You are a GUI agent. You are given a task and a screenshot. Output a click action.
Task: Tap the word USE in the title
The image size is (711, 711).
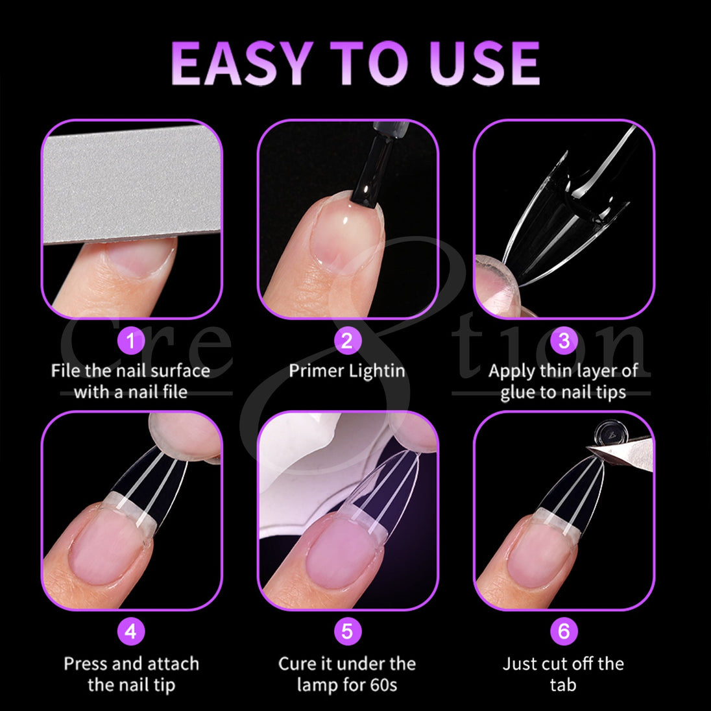(x=485, y=63)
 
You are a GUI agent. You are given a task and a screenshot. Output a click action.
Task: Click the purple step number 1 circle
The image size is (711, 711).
(x=131, y=341)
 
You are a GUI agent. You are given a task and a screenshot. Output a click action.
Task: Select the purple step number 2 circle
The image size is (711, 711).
(x=347, y=341)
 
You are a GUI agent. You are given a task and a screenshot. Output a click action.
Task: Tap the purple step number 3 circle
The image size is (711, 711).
(x=564, y=341)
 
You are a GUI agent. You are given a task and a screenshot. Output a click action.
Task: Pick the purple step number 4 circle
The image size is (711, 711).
(x=131, y=631)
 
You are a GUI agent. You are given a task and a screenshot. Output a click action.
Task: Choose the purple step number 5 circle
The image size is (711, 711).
(x=347, y=631)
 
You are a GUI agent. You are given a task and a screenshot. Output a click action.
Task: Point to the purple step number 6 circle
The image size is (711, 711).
(x=564, y=631)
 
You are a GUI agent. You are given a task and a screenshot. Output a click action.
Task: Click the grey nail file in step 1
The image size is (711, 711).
(x=132, y=184)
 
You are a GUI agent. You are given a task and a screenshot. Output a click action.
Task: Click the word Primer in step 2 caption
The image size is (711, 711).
(x=317, y=371)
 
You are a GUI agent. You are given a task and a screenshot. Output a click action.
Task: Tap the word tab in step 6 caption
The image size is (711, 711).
(x=563, y=684)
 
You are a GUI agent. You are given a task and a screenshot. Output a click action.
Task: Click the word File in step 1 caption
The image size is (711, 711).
(x=66, y=371)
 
